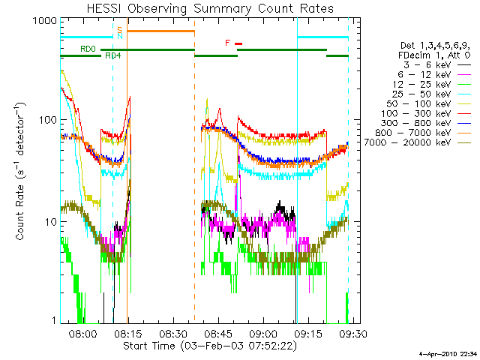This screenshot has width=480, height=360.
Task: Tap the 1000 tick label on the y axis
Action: pyautogui.click(x=43, y=22)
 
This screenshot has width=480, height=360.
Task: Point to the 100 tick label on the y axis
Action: pyautogui.click(x=46, y=120)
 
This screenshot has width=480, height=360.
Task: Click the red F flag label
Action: pyautogui.click(x=228, y=43)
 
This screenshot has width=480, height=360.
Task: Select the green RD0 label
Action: pyautogui.click(x=88, y=49)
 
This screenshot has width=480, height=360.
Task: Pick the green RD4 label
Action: pyautogui.click(x=112, y=56)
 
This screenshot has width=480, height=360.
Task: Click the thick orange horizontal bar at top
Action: pyautogui.click(x=160, y=31)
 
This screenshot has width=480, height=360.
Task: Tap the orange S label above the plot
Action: pyautogui.click(x=119, y=30)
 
